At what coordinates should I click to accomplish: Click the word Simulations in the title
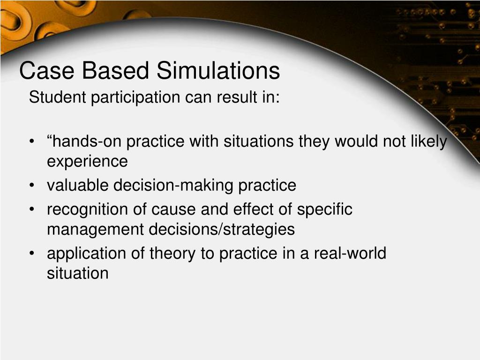tap(218, 71)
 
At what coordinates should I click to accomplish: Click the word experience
tap(87, 162)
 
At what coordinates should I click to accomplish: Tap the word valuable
tap(77, 186)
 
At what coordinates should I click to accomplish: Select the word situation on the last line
tap(77, 273)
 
